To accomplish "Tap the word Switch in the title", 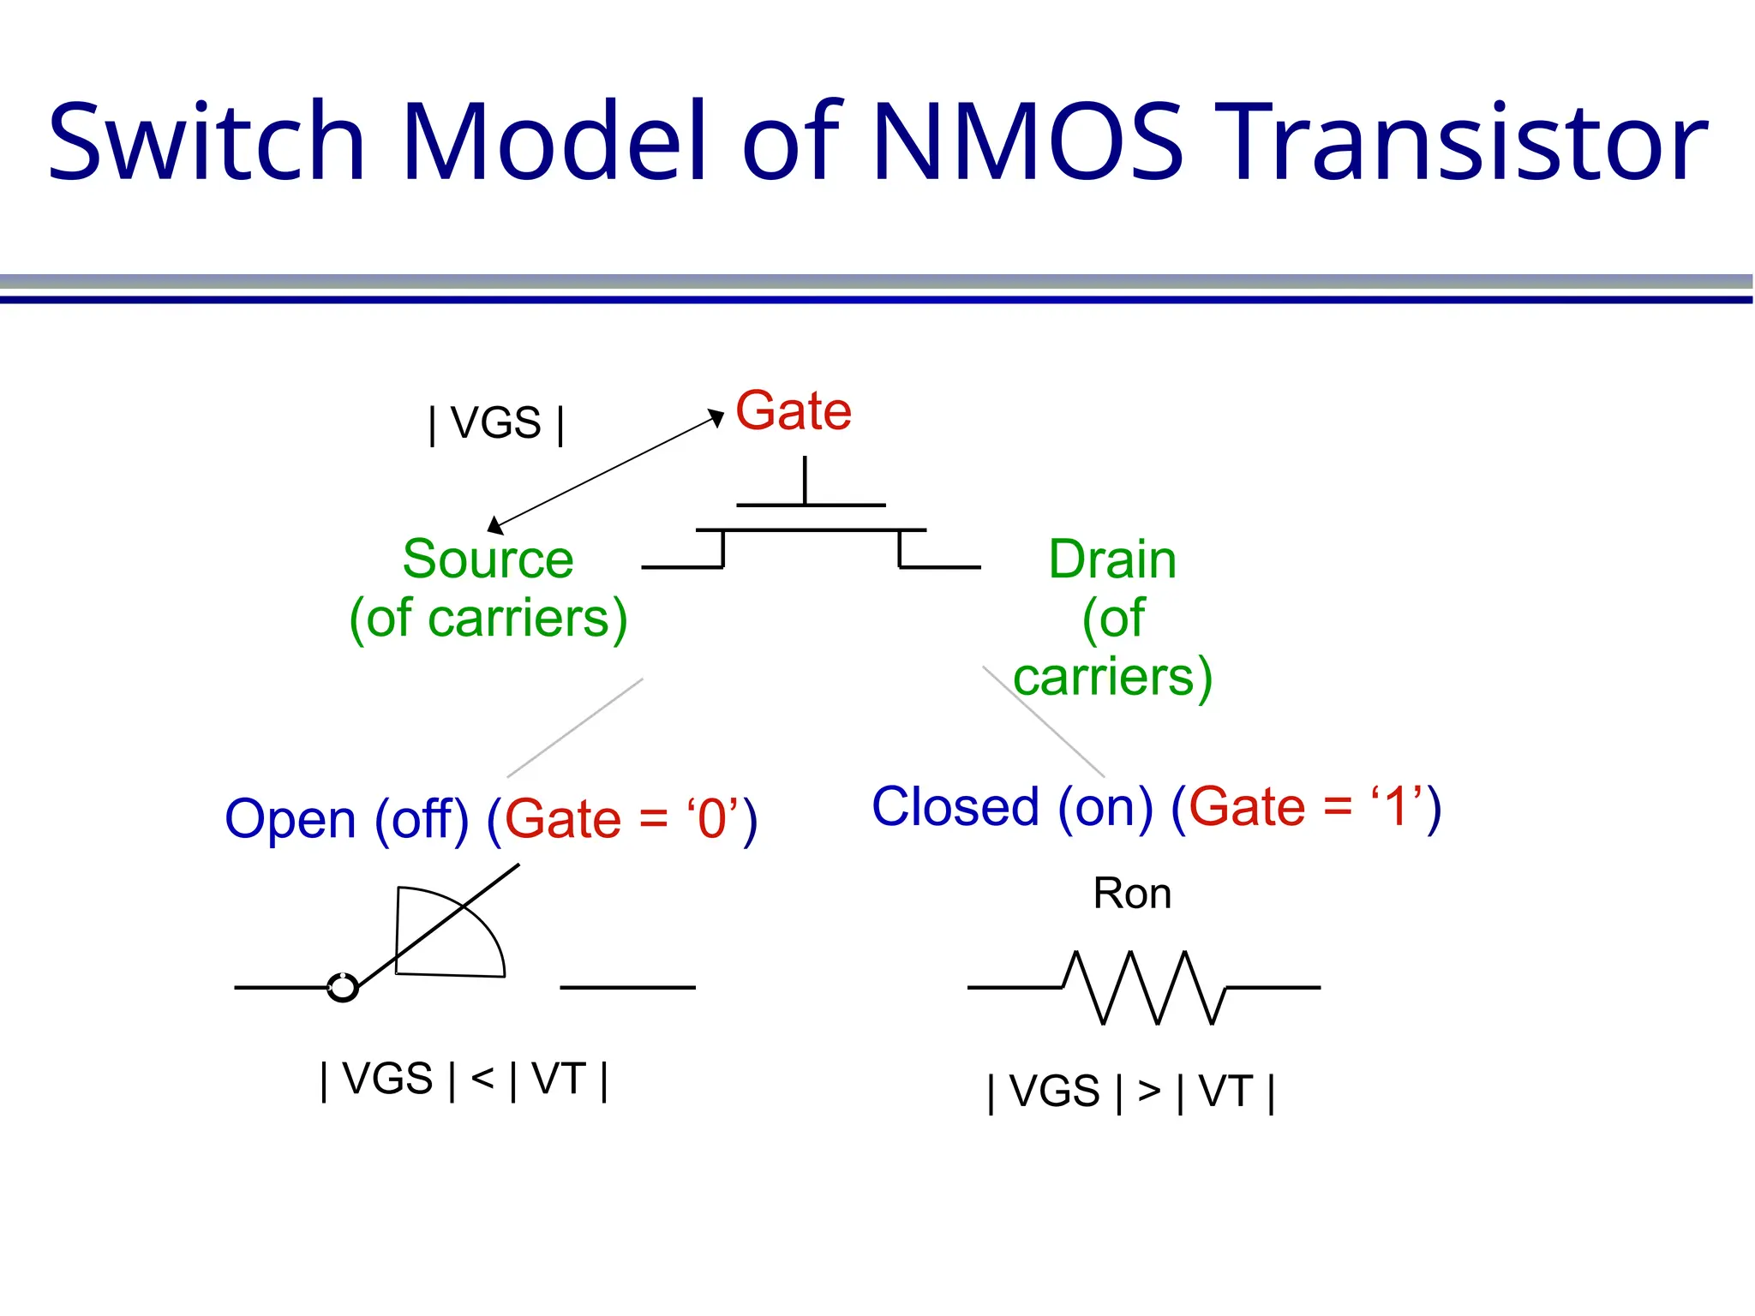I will click(x=207, y=142).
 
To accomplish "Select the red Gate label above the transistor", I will click(x=794, y=411).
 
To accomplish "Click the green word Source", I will click(x=488, y=559).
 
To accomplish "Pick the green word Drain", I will click(x=1112, y=559).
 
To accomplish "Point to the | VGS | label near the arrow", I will click(x=496, y=423).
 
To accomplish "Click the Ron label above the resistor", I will click(x=1132, y=894).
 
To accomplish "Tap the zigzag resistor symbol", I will click(x=1144, y=987).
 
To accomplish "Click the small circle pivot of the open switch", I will click(x=343, y=988).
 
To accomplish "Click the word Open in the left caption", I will click(x=291, y=819).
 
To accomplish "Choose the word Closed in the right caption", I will click(x=955, y=807).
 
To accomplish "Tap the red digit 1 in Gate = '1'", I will click(x=1397, y=807).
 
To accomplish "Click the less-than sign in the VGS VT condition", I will click(x=482, y=1078).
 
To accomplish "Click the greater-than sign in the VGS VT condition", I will click(x=1149, y=1091).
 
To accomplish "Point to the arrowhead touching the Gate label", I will click(x=716, y=418).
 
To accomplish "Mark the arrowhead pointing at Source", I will click(x=495, y=525).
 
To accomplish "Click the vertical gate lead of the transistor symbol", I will click(x=805, y=480).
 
